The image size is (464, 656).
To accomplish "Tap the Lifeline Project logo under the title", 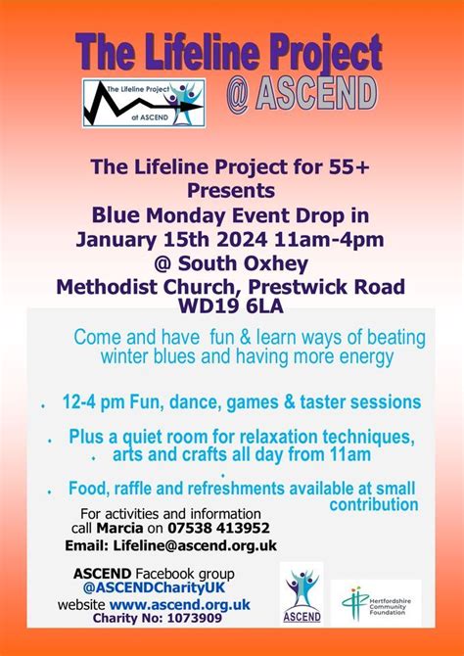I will (143, 104).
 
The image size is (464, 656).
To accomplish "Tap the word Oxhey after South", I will (273, 263).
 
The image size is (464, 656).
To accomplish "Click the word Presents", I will (232, 191).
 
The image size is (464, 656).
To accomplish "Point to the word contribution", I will (373, 504).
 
